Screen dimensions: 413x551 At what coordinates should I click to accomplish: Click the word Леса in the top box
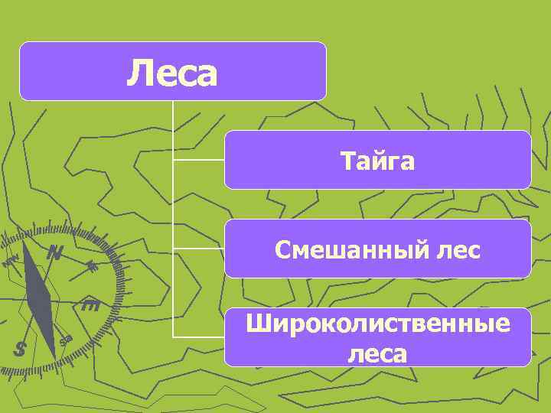173,73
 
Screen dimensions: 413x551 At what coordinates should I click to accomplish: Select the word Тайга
377,161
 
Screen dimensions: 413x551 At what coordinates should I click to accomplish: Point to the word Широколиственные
377,324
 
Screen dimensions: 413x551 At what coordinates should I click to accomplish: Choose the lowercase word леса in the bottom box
377,353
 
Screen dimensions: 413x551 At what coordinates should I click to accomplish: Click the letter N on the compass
54,252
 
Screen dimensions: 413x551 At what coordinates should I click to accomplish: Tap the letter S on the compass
21,349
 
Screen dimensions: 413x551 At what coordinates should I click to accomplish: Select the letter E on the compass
90,307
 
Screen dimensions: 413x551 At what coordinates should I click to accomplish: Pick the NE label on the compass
91,266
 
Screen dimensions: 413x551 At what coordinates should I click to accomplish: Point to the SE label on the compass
67,340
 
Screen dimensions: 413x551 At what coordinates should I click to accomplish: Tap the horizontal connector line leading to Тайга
199,161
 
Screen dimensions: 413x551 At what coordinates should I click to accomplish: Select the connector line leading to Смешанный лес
199,249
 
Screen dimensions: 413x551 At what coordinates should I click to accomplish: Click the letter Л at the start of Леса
137,73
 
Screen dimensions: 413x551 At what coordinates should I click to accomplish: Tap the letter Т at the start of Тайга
347,161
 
